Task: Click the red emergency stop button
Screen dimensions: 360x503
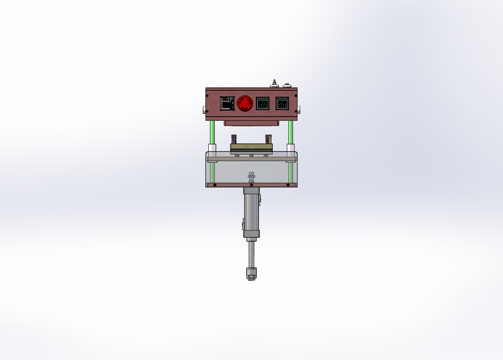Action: point(244,103)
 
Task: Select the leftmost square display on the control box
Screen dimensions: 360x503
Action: point(226,103)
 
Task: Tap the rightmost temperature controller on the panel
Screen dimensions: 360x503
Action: point(282,103)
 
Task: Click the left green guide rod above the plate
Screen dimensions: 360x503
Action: point(211,132)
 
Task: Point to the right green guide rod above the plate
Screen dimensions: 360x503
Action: point(291,132)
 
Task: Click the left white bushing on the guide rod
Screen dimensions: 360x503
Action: point(212,149)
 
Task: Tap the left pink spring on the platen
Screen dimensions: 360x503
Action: point(233,139)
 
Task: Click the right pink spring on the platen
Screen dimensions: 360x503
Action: point(267,139)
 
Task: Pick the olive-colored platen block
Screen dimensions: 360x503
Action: point(251,146)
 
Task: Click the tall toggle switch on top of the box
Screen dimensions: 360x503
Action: point(274,83)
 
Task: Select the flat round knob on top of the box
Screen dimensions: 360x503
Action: point(287,85)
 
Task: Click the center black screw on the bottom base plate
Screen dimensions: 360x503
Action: point(251,185)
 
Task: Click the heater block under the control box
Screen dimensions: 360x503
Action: point(251,123)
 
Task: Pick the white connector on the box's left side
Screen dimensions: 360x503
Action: point(204,109)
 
